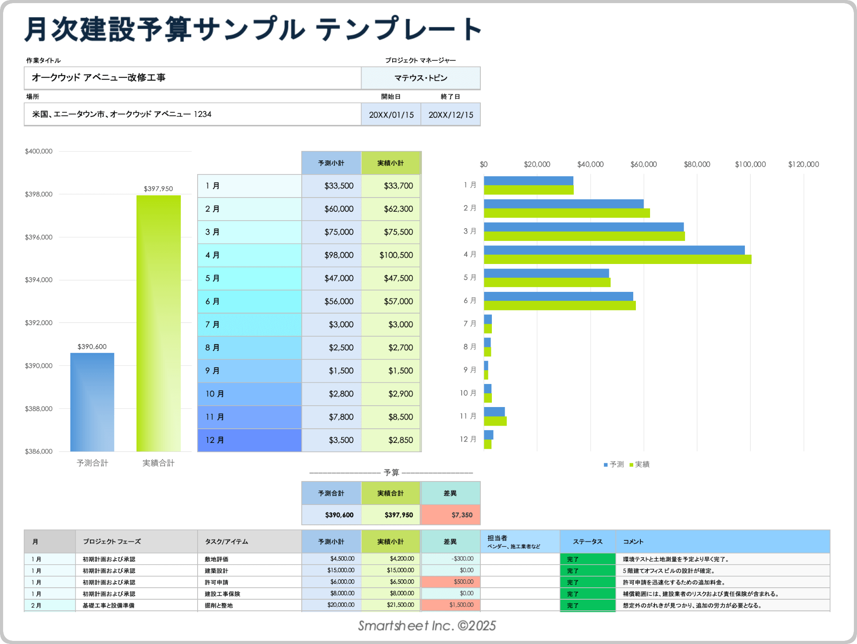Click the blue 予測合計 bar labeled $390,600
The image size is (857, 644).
pos(92,402)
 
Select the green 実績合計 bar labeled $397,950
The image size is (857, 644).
pos(158,323)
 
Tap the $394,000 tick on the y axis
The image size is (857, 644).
pos(39,280)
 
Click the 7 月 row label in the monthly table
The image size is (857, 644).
pos(212,325)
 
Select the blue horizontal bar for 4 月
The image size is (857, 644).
pos(614,250)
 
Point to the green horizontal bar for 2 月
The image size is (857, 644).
pos(566,213)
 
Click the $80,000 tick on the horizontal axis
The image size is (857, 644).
pos(697,164)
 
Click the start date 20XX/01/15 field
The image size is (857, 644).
pos(391,115)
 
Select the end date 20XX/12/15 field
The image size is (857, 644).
pos(450,115)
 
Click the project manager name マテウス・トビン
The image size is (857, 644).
pos(421,78)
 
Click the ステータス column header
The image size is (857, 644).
pos(588,541)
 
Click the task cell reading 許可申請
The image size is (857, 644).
pos(216,582)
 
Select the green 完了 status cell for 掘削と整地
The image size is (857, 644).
pos(588,605)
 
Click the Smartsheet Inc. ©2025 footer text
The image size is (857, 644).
pos(427,625)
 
